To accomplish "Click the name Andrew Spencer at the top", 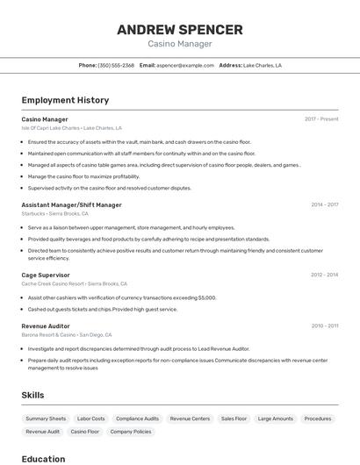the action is point(179,30).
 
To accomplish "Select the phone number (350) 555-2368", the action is point(116,66).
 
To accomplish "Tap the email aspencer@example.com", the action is point(185,66).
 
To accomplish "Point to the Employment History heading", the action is point(65,100).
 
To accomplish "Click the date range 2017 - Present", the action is point(321,119).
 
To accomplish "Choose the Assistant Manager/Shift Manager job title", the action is point(71,205).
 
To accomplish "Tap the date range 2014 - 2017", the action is point(324,205).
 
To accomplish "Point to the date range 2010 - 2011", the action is point(324,325).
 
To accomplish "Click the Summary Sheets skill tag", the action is point(46,418).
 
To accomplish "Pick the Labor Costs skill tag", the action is point(91,418).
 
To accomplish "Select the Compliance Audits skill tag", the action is point(138,418).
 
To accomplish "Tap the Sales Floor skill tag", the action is point(234,418).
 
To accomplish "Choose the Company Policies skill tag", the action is point(131,432).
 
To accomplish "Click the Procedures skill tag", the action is point(318,418).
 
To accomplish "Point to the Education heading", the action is point(43,459).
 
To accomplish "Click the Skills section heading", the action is point(32,395).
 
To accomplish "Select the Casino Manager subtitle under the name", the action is point(179,45).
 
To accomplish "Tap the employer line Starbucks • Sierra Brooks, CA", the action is point(54,213).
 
